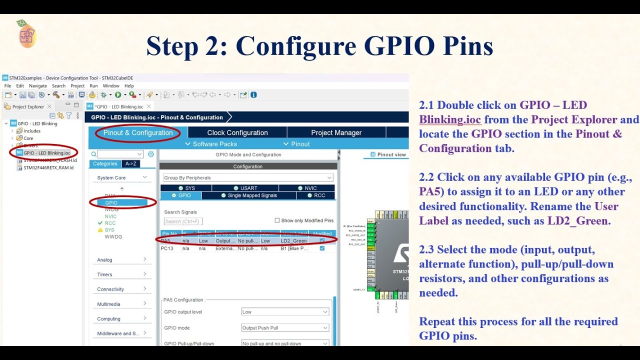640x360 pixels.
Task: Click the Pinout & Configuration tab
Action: pos(138,132)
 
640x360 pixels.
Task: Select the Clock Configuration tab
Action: pos(237,132)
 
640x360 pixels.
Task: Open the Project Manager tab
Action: pos(336,132)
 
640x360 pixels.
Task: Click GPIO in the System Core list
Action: pos(111,202)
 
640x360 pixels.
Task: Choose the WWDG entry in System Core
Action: pos(113,236)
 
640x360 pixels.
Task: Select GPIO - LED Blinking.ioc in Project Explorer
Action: pos(46,152)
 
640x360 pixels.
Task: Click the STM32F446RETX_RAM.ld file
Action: pos(48,167)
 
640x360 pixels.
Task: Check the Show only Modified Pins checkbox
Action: pos(277,220)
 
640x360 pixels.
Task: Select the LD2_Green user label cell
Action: pos(293,240)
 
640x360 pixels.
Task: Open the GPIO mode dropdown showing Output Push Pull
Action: pos(285,328)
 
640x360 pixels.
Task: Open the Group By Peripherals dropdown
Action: pos(248,177)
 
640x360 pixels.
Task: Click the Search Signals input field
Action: pos(183,221)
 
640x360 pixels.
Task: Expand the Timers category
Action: pos(121,274)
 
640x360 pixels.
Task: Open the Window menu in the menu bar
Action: pos(111,86)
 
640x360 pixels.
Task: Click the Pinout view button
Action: pos(388,154)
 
